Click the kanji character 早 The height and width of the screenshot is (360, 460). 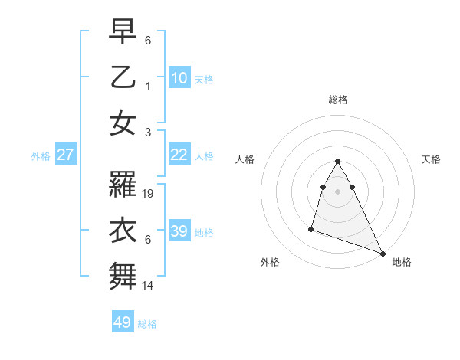pos(123,33)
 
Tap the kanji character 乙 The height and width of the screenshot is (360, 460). pos(123,78)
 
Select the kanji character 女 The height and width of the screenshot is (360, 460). pos(123,123)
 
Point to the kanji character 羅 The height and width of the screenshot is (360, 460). pos(123,185)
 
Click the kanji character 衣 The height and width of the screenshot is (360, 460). pos(123,231)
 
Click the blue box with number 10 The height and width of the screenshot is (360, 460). pos(179,78)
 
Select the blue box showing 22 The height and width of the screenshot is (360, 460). pos(179,155)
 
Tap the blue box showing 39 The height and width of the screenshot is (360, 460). pos(179,231)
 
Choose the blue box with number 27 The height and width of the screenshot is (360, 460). pos(65,155)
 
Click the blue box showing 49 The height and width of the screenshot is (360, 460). pos(123,322)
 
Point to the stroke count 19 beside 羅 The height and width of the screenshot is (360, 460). pos(149,195)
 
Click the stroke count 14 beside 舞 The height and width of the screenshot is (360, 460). pos(149,285)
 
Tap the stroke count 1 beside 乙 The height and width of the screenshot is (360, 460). pos(148,87)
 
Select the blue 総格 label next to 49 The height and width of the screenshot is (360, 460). pos(147,324)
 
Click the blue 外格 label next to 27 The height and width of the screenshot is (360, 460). pos(41,156)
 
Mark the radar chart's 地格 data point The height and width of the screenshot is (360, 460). pos(382,254)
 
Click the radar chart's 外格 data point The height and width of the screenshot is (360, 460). pos(311,228)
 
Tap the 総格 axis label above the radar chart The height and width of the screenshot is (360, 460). pos(337,100)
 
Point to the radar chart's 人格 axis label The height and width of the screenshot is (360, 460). pos(245,159)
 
